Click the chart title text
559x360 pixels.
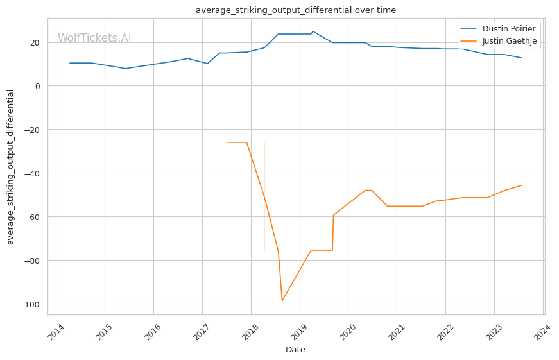click(x=295, y=10)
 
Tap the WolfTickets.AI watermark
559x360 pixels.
click(x=94, y=38)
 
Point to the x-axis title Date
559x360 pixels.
click(x=295, y=350)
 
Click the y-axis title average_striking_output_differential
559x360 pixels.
click(x=10, y=167)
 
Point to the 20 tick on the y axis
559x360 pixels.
click(x=35, y=43)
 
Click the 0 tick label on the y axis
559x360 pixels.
click(x=37, y=86)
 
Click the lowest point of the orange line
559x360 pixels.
click(x=282, y=301)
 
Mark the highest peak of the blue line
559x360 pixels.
click(x=313, y=31)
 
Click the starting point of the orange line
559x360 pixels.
click(x=227, y=142)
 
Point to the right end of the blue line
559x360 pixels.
click(x=522, y=58)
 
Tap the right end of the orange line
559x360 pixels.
click(x=522, y=185)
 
